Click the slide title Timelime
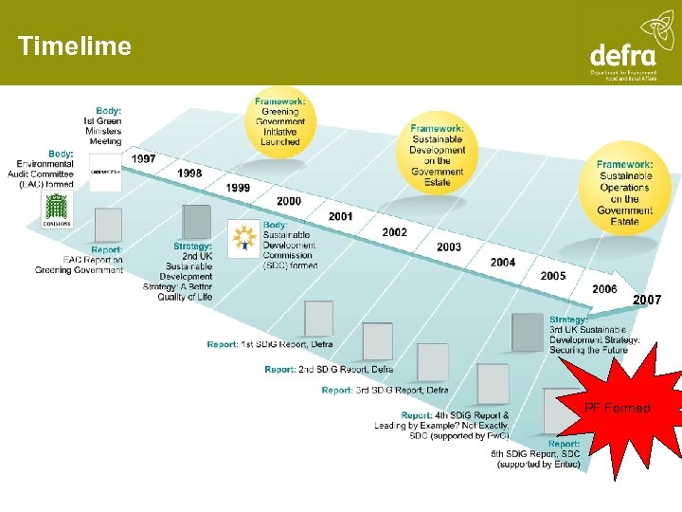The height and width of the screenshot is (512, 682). pos(75,46)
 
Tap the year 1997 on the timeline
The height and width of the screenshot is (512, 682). pos(144,158)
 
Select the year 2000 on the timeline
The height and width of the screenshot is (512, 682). pos(289,201)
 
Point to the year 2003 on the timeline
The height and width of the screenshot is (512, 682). pos(449,247)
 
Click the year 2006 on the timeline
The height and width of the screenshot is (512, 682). pos(604,289)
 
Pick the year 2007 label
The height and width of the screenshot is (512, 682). pos(647,300)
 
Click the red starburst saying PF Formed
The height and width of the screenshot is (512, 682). pos(617,408)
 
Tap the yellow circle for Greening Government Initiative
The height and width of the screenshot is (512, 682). pos(279,121)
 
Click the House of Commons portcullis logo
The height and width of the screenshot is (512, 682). pos(56,210)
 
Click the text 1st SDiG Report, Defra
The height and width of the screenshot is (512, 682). pos(270,344)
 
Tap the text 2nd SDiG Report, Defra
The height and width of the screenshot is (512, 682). pos(329,369)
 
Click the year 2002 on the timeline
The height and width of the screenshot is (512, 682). pos(395,232)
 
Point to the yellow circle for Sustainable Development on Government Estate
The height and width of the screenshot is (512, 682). pos(438,155)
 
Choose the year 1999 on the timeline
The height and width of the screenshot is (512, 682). pos(239,188)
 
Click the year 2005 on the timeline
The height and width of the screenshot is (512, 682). pos(553,276)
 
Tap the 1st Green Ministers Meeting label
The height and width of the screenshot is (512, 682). pos(103,126)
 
